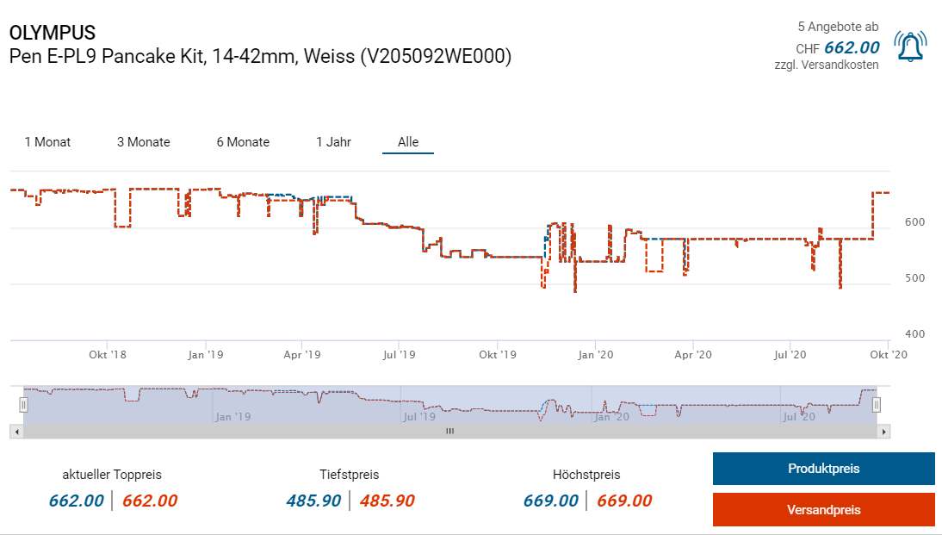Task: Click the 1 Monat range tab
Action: (47, 142)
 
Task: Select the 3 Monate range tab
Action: (144, 142)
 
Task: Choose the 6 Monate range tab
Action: (243, 142)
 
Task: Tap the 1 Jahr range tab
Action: (333, 142)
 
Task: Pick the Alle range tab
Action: (408, 142)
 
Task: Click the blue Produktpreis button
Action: (823, 469)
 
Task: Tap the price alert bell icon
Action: (910, 47)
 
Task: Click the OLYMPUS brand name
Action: (53, 33)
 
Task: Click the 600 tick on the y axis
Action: (914, 222)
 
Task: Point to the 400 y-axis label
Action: (914, 334)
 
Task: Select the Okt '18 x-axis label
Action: (108, 354)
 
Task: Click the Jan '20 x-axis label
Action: (595, 354)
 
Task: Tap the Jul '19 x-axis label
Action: (399, 354)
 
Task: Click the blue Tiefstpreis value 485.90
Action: (313, 501)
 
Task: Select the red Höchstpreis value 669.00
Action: (624, 501)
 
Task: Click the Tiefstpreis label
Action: (349, 475)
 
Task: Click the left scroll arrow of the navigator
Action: (15, 431)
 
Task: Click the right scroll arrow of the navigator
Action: (883, 431)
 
